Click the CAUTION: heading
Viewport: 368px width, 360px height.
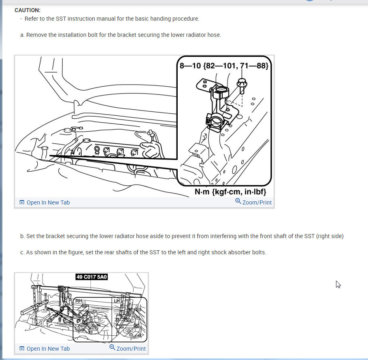(x=28, y=10)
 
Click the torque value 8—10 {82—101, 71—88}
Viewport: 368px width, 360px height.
(x=224, y=66)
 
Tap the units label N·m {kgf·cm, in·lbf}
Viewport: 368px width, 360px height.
(x=230, y=192)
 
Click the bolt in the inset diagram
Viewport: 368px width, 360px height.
(x=242, y=86)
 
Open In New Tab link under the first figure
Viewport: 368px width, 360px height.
(x=45, y=202)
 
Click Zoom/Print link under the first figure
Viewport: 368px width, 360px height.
(x=253, y=202)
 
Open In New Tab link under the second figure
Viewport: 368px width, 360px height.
(x=45, y=349)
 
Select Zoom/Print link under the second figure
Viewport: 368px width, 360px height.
(x=128, y=348)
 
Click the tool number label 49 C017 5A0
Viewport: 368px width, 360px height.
(x=91, y=277)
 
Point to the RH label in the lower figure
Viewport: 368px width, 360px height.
(x=79, y=301)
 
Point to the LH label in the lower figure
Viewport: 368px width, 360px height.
(x=117, y=301)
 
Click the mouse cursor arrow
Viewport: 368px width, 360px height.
(x=338, y=284)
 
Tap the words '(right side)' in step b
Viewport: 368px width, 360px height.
(x=330, y=236)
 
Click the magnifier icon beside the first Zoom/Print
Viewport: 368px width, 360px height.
(x=238, y=201)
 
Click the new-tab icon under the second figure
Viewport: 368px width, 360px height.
(x=22, y=348)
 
